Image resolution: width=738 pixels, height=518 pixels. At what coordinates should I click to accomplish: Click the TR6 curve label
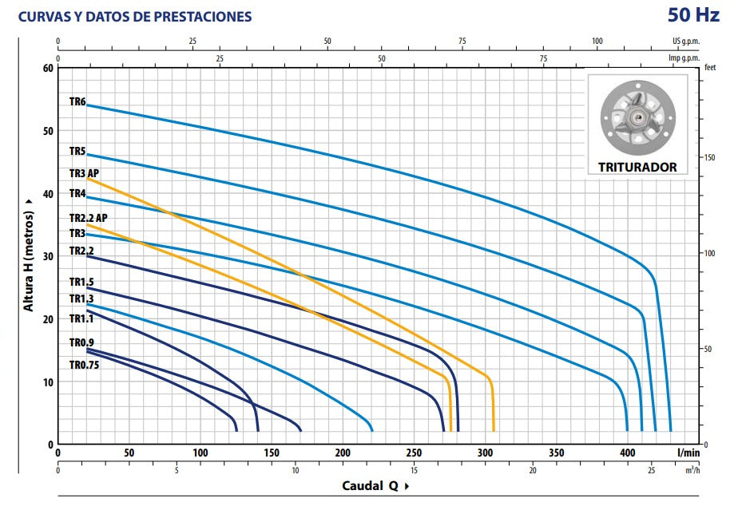77,101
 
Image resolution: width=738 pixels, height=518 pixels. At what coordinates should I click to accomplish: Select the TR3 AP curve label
84,173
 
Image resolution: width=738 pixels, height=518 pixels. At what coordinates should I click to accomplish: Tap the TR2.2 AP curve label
88,218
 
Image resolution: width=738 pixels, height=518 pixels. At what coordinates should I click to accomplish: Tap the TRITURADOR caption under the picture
637,168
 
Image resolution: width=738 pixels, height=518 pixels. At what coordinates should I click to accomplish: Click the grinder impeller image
637,118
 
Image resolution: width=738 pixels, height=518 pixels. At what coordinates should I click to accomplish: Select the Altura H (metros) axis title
29,255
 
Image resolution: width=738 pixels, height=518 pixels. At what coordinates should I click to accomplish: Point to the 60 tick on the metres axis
46,68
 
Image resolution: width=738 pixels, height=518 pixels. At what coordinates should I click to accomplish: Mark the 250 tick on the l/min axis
415,453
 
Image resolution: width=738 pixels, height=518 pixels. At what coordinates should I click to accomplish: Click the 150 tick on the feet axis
709,157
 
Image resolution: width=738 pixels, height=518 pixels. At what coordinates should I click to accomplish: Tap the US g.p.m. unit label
685,41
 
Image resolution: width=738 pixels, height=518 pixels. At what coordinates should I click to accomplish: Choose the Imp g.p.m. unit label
684,57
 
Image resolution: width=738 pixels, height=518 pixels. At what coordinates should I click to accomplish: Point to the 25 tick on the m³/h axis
651,470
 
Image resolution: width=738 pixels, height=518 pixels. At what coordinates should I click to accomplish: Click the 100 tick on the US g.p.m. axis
597,41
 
